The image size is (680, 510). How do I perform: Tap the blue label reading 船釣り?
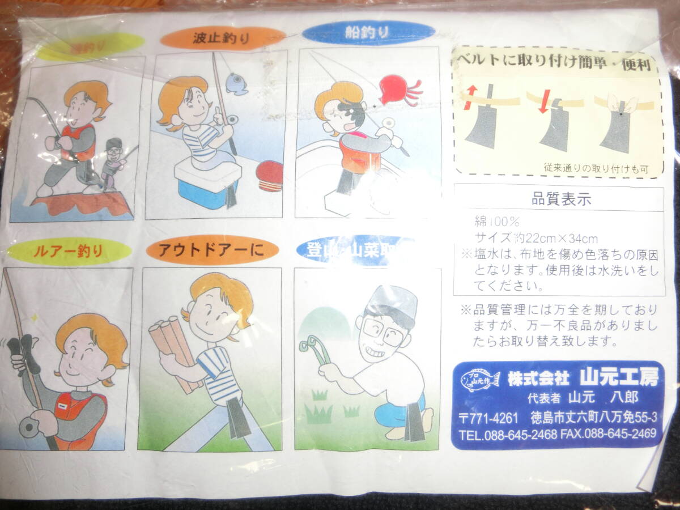pos(368,32)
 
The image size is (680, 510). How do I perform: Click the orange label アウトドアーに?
pos(211,250)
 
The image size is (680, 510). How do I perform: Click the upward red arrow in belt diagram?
pos(470,96)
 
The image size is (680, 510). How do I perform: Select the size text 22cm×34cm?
pos(553,239)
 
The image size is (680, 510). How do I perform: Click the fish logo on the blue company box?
pos(480,379)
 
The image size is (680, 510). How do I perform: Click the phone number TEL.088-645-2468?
pos(507,435)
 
